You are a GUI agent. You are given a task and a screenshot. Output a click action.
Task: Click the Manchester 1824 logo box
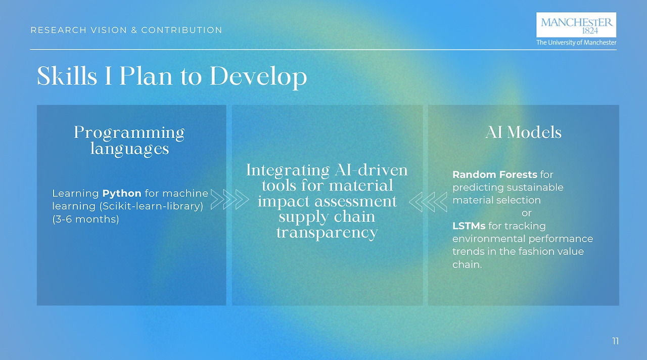coord(576,25)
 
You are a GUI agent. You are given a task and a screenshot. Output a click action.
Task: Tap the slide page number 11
coord(616,341)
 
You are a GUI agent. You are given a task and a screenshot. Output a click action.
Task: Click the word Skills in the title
coord(67,76)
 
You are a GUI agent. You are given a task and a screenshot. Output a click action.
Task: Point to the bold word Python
coord(122,193)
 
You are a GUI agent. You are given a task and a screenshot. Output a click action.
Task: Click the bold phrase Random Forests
coord(495,174)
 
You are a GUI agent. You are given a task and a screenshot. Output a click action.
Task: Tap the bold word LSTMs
coord(469,226)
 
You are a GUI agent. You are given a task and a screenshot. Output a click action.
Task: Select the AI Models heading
coord(523,132)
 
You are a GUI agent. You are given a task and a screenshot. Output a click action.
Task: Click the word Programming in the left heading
coord(129,133)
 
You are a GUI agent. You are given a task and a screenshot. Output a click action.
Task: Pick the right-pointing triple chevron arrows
coord(229,199)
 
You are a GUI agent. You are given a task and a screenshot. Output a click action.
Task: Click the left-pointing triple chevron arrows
coord(428,202)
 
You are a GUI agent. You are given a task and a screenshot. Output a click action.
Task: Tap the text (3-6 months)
coord(85,219)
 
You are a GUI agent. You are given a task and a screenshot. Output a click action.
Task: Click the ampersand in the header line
coord(134,30)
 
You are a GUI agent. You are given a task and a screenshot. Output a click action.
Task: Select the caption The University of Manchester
coord(576,42)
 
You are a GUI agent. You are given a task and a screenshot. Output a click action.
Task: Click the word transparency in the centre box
coord(327,233)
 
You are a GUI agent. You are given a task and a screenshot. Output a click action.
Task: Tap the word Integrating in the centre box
coord(288,170)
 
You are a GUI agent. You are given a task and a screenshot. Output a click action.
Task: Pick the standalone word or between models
coord(527,213)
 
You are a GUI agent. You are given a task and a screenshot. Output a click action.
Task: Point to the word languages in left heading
coord(129,149)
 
